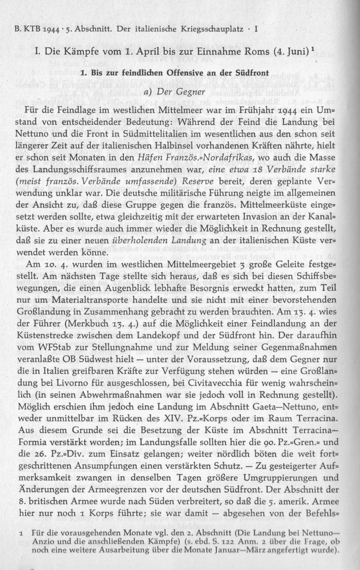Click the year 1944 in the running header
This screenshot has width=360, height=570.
tap(53, 31)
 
